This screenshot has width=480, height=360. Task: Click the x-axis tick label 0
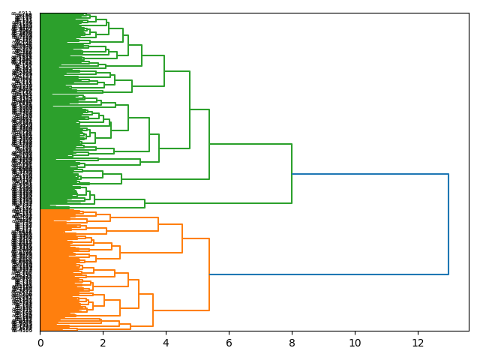(x=40, y=343)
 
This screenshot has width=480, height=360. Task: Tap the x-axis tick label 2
(x=103, y=343)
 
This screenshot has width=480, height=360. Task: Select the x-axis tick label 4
(x=166, y=343)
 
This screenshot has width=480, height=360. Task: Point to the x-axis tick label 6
(x=229, y=343)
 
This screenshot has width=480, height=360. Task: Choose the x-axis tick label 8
(x=292, y=343)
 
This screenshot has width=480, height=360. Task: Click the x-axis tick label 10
(x=354, y=343)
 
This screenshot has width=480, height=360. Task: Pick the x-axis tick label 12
(x=417, y=343)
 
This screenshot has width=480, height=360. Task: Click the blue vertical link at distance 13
(x=448, y=224)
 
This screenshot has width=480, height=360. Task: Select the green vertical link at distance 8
(x=292, y=173)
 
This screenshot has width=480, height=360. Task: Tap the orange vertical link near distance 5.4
(x=209, y=274)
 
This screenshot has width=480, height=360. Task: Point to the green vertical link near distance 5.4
(x=209, y=144)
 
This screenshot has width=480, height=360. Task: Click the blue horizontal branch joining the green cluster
(x=370, y=174)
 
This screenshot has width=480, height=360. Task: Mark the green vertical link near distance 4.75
(x=190, y=109)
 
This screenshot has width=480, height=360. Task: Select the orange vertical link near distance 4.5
(x=182, y=238)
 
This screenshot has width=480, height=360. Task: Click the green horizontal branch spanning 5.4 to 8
(x=250, y=144)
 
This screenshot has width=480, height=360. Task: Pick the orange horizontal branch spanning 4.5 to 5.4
(x=196, y=238)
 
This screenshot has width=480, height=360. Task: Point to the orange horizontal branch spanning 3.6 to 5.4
(x=181, y=310)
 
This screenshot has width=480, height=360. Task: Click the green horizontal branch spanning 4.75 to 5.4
(x=199, y=109)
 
